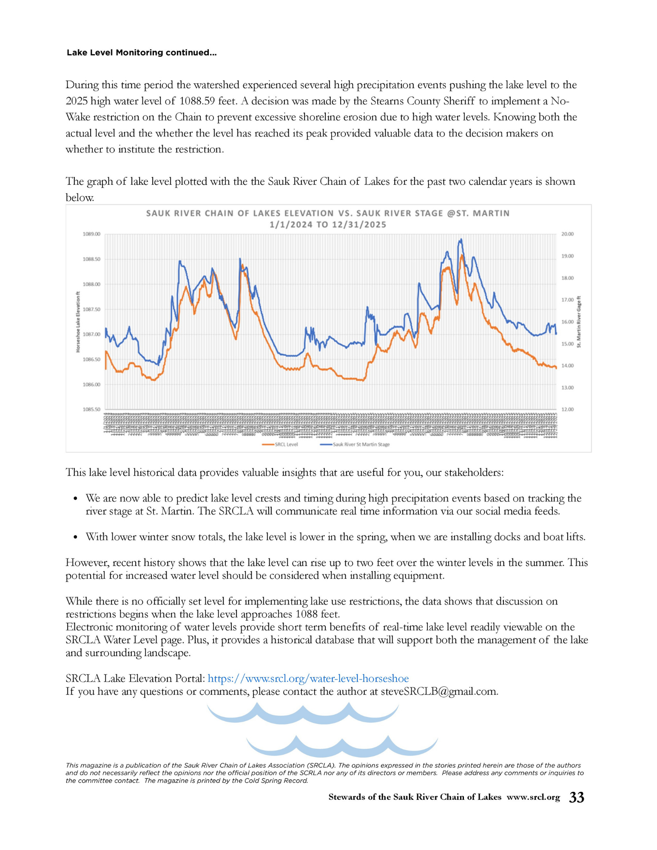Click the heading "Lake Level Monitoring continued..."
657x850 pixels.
click(142, 53)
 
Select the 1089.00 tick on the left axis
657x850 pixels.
click(91, 234)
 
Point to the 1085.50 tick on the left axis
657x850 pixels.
click(91, 410)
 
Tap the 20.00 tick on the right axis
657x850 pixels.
click(567, 234)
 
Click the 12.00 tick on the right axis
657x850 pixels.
click(567, 410)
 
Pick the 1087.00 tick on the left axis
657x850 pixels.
click(91, 334)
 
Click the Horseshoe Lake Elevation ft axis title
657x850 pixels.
click(78, 322)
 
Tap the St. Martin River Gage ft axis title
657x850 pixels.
click(579, 322)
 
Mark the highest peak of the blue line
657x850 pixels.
click(461, 240)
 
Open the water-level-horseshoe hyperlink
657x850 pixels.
click(308, 679)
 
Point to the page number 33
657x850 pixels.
click(577, 797)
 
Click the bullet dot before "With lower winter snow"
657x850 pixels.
click(75, 537)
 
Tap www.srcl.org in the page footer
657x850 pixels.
click(533, 797)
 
